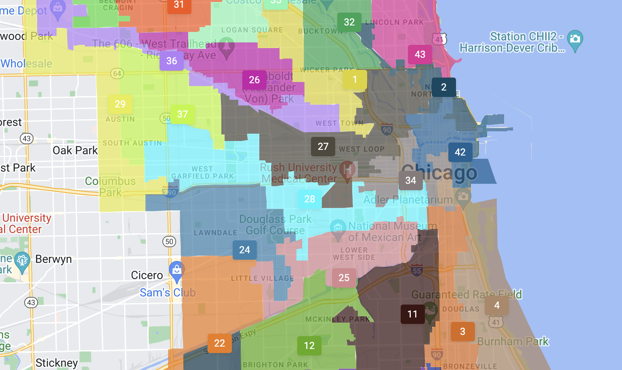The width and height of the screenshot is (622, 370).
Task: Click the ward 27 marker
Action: [323, 147]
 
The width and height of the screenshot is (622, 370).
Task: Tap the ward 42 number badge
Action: [460, 152]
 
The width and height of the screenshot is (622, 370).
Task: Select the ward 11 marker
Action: [412, 314]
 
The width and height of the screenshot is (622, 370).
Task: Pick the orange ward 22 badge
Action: [219, 343]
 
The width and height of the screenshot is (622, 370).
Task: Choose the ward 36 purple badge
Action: [172, 61]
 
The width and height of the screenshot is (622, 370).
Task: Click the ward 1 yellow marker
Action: [355, 80]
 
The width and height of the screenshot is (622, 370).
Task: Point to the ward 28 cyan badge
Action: [310, 199]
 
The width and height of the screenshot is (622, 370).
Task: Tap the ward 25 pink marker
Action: [344, 278]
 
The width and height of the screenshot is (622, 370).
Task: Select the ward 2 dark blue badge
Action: [443, 87]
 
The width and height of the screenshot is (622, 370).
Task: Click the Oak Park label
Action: [75, 151]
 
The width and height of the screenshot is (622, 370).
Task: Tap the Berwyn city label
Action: [53, 259]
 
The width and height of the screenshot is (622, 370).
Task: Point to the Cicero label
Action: [147, 275]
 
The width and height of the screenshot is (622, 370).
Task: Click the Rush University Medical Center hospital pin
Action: [347, 170]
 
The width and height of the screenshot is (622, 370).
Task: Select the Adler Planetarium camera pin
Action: [463, 197]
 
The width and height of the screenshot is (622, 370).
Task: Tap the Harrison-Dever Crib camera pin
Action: [575, 40]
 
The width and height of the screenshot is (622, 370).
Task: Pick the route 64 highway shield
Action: [117, 74]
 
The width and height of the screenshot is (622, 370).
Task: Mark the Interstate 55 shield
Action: [416, 271]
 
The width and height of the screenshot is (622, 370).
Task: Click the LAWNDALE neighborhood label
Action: [215, 233]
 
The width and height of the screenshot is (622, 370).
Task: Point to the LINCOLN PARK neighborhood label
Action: [394, 22]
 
